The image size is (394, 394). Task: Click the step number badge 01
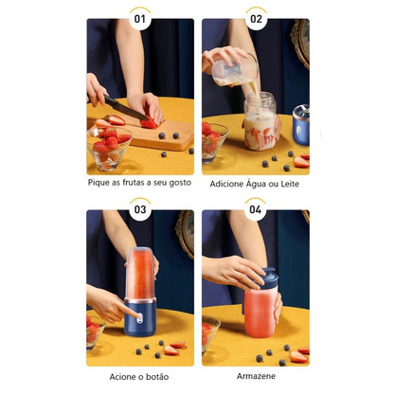click(140, 17)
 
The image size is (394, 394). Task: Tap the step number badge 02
click(256, 17)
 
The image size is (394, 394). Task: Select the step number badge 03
click(140, 209)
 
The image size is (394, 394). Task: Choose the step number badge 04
click(256, 209)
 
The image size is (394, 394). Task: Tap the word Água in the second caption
click(244, 183)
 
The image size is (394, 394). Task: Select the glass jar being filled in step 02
click(261, 123)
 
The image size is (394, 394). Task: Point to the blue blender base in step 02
click(301, 122)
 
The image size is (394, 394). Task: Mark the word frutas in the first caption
click(136, 183)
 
